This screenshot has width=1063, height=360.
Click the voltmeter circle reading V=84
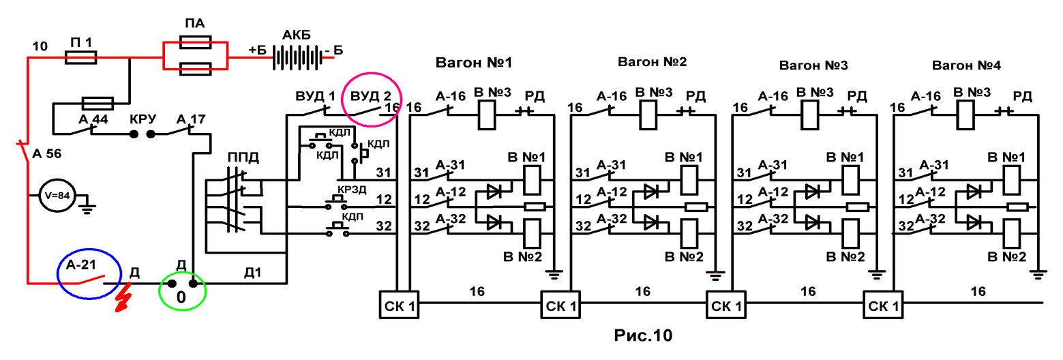[57, 195]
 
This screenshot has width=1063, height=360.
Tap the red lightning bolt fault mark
[123, 297]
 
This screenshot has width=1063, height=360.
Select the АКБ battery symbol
[297, 58]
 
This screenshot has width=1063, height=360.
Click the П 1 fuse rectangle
[80, 58]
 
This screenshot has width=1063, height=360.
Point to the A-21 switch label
[81, 265]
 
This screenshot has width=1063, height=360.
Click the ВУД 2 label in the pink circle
[371, 97]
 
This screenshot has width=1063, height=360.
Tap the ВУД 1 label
[315, 97]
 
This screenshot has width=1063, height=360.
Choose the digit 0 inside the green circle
[181, 297]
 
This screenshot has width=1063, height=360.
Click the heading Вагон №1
[474, 63]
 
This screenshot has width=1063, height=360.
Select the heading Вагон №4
[966, 65]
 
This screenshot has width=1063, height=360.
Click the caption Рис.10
[643, 335]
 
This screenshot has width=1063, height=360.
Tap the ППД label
[243, 157]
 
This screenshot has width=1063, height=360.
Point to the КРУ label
[143, 119]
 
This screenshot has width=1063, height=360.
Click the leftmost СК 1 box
[399, 305]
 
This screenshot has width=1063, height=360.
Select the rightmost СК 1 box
[883, 305]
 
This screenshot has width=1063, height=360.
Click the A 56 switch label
[47, 153]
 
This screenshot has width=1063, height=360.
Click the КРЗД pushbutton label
[352, 190]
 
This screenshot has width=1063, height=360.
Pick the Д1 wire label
[252, 273]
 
